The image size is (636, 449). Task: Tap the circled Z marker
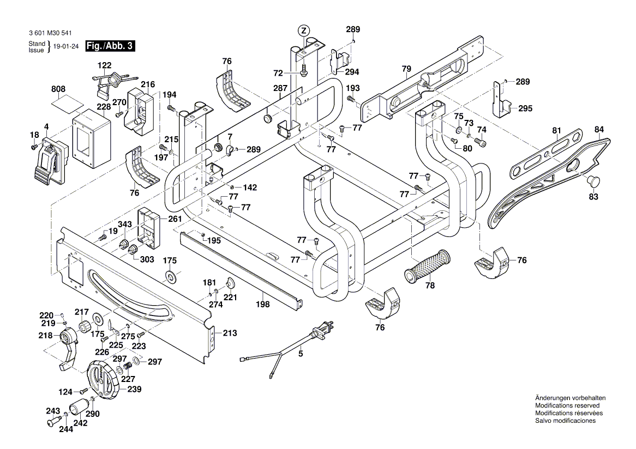point(304,29)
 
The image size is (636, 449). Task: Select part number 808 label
point(58,89)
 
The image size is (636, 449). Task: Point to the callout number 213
point(230,333)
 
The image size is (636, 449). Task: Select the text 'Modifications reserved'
point(567,406)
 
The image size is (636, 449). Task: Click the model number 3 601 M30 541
point(54,33)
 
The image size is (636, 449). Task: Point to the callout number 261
point(175,219)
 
